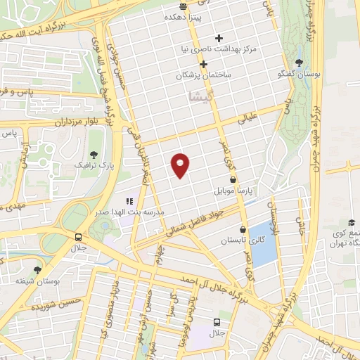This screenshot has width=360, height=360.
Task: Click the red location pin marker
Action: [181, 164]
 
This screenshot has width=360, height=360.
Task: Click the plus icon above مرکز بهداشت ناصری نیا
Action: [219, 38]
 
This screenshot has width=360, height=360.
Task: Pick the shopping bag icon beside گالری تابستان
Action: [243, 229]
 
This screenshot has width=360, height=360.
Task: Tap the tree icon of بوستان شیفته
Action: [37, 269]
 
